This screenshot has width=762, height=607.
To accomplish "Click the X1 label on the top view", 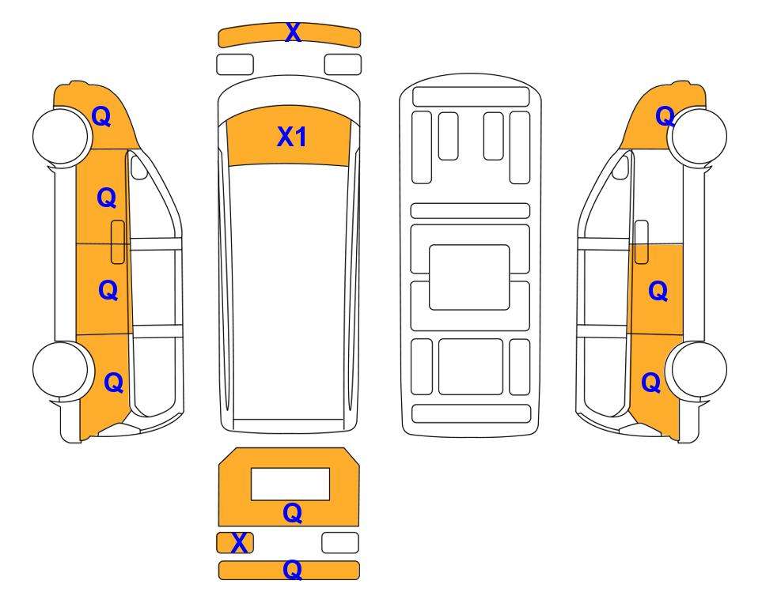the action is point(291,137).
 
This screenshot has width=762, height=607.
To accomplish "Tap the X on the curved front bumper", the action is point(293,33).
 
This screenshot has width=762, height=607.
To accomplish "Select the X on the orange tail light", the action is point(239,543).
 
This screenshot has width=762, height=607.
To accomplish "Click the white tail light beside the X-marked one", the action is point(340,542).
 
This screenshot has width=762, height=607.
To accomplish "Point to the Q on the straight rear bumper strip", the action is point(293,570).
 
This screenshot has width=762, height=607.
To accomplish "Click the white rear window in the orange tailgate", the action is point(290,484).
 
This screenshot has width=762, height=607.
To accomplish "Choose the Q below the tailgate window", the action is point(293,513).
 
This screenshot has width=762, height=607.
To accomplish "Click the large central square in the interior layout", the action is point(469,277).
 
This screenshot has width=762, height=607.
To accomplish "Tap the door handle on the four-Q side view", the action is point(118,242).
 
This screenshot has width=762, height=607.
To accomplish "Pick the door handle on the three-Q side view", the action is point(642,242).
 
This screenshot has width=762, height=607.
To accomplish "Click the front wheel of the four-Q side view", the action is point(63,136).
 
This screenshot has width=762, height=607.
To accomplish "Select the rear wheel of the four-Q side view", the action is point(63,369).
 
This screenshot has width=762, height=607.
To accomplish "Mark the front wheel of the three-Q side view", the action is point(697,136).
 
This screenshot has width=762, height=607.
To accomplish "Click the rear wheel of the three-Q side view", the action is point(696,369).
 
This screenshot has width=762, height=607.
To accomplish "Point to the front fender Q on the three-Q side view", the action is point(665,116).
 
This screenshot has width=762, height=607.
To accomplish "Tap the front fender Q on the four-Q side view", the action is point(101,116).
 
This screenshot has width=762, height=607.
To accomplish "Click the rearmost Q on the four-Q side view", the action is point(114,383).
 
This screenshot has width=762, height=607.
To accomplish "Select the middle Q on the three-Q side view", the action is point(658,292).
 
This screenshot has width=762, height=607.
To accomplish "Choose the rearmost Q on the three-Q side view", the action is point(651,383).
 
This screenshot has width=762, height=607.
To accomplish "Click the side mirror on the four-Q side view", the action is point(139,167).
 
